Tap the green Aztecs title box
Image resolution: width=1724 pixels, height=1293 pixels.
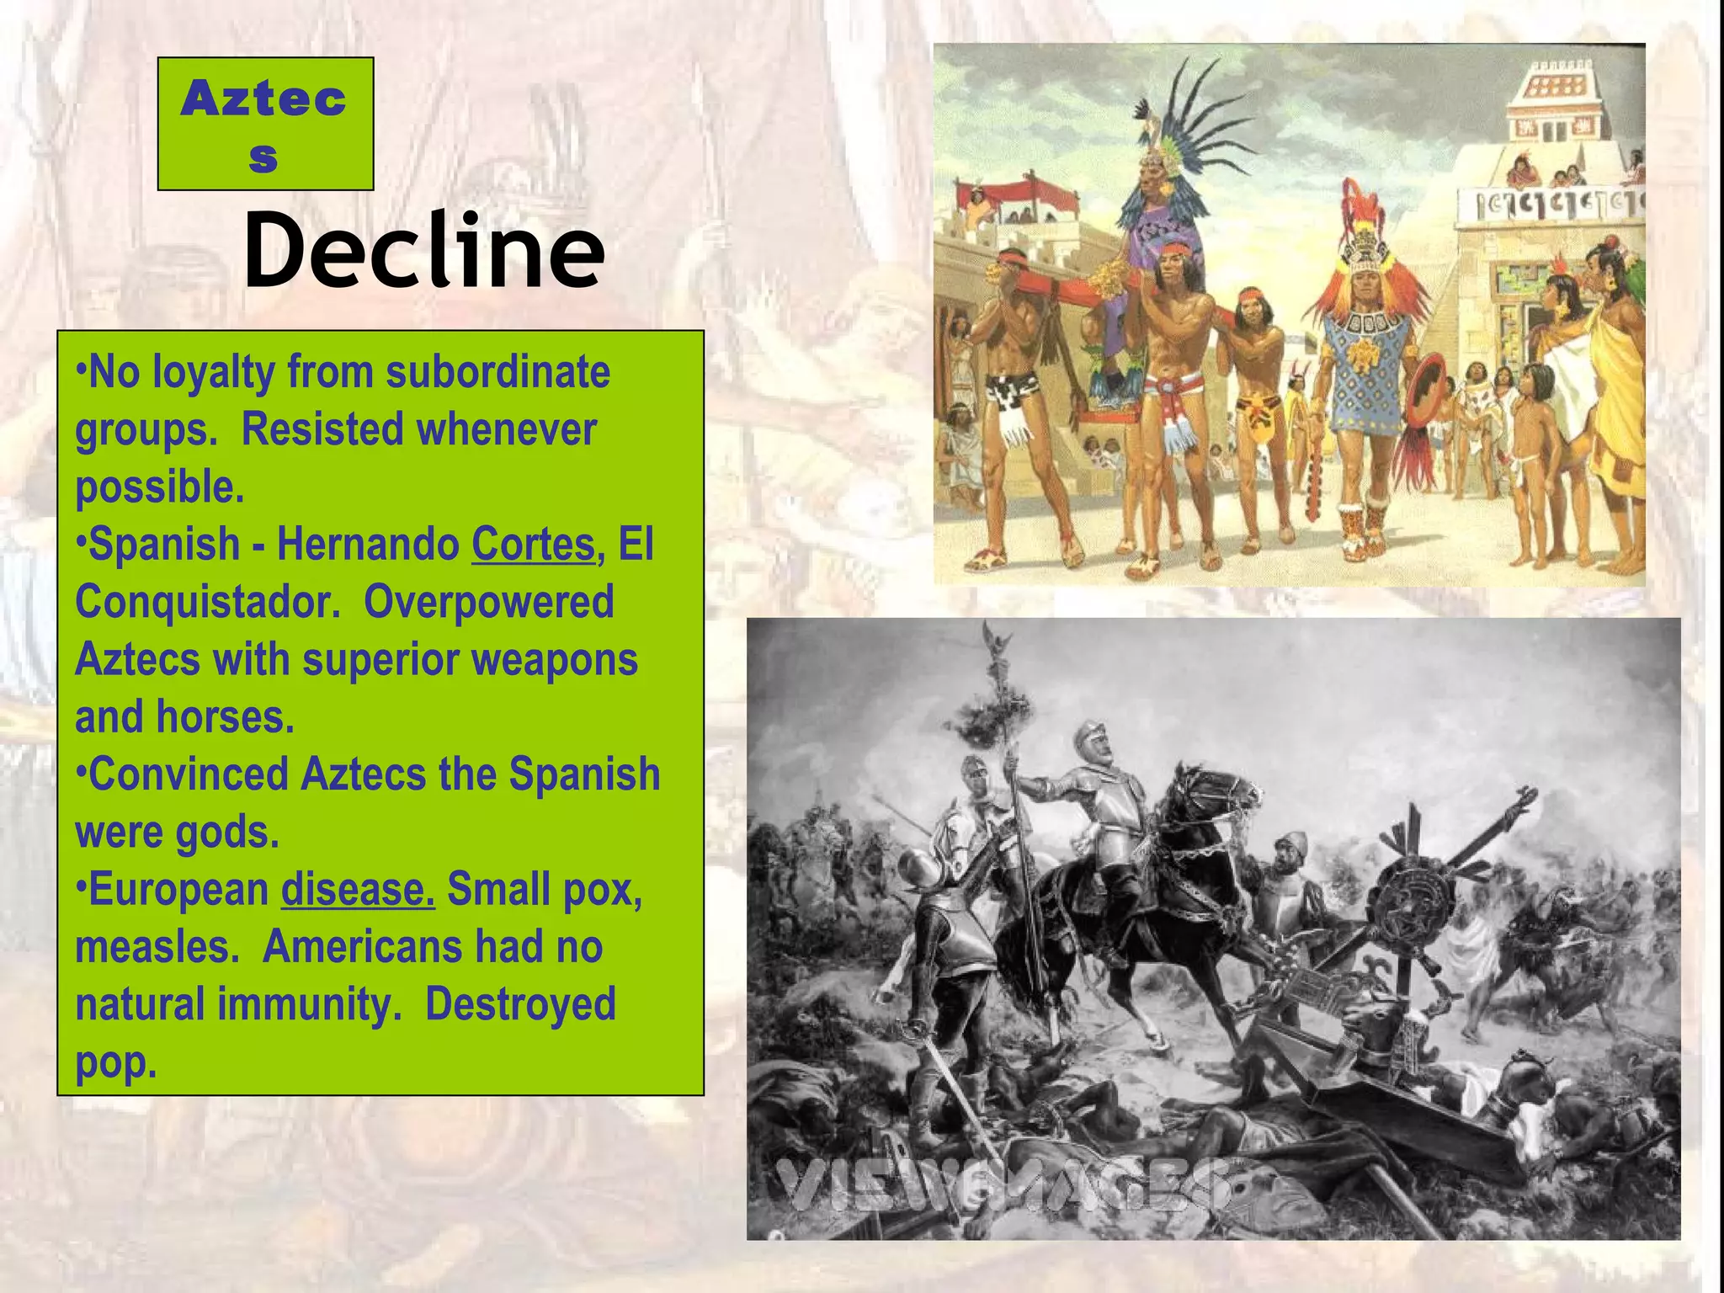pos(265,124)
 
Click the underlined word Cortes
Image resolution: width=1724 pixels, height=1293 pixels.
pos(533,544)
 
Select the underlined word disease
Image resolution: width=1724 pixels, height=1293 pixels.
pos(358,889)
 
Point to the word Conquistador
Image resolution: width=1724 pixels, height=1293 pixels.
pos(207,602)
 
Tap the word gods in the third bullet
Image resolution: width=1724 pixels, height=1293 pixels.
pos(227,832)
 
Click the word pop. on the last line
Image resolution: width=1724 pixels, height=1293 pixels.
pos(116,1062)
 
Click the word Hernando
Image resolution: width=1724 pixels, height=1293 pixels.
pos(367,544)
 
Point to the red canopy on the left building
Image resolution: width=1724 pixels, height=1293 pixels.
pos(1031,194)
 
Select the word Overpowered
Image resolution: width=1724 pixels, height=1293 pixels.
pos(488,602)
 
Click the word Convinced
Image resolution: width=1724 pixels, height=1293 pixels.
pos(188,774)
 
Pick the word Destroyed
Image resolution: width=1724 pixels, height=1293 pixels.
pos(520,1003)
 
